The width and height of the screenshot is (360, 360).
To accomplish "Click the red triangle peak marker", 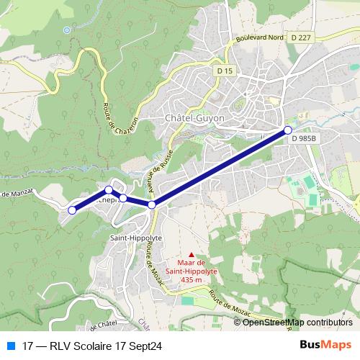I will click(191, 253).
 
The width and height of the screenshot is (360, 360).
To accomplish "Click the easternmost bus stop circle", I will click(288, 130).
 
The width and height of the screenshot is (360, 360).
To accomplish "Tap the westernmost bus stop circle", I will click(72, 210).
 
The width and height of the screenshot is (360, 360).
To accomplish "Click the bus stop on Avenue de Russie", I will click(152, 205).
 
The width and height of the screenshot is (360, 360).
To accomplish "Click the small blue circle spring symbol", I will click(66, 30).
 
